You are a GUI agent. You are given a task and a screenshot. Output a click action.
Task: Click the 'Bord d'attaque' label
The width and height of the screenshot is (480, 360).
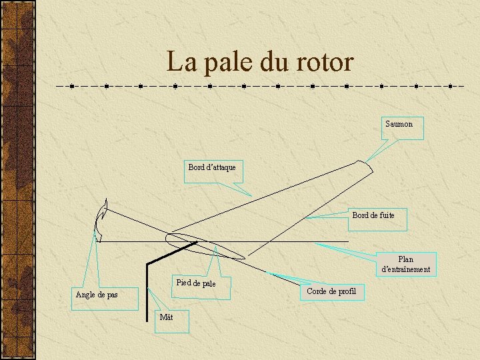point(212,171)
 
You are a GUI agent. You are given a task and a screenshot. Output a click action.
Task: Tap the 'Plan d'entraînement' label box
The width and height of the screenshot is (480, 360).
point(405,264)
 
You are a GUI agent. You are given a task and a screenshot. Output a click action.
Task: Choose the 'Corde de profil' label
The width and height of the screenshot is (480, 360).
point(332,292)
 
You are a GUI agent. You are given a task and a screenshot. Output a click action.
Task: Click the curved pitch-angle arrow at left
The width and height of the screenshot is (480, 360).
point(101,220)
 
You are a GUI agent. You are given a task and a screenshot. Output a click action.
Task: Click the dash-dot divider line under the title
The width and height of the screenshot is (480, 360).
point(260,86)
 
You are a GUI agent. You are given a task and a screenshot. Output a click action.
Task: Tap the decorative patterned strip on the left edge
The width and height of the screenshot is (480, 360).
point(17,180)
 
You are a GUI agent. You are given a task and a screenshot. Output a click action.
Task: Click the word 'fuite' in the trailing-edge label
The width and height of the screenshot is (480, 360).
point(385,215)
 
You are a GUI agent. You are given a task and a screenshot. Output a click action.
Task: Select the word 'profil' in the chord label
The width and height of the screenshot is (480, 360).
point(347,291)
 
